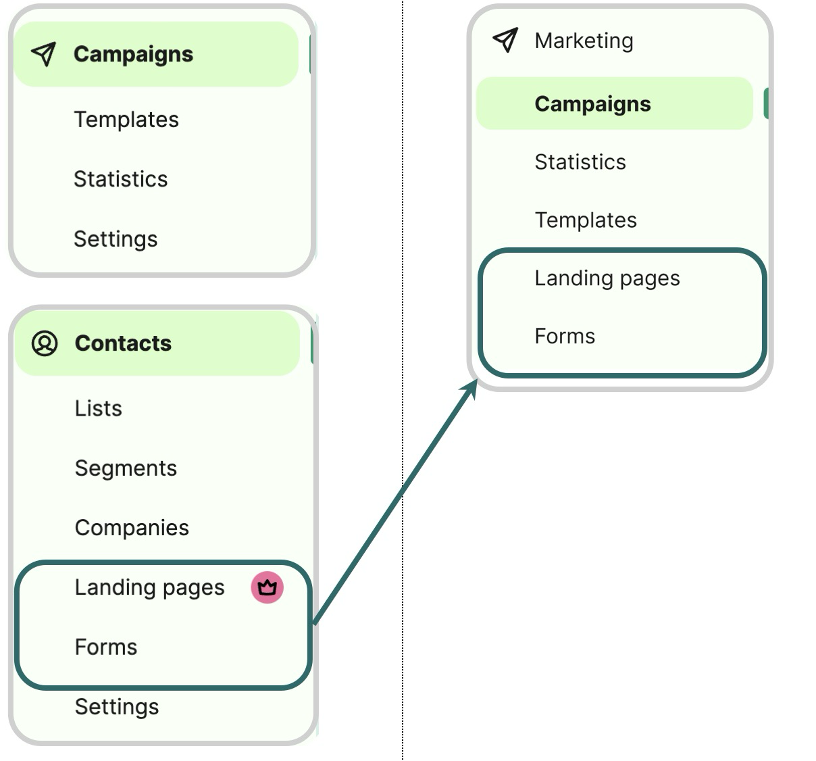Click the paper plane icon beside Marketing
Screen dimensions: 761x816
[x=505, y=41]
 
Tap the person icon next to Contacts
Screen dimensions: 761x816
[x=45, y=343]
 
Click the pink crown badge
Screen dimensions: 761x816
[x=267, y=587]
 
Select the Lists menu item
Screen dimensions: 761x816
[x=99, y=408]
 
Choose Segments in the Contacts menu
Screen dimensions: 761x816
[x=126, y=468]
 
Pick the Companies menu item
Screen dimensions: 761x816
[x=132, y=528]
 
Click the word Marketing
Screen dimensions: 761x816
[x=584, y=41]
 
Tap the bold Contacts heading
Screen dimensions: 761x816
[x=123, y=343]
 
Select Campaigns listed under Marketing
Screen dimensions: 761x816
[x=592, y=104]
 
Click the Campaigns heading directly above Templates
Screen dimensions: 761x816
[x=133, y=54]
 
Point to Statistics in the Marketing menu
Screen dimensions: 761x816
[x=580, y=162]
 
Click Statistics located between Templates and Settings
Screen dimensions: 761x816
[x=120, y=179]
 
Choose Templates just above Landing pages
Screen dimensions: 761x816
[x=586, y=220]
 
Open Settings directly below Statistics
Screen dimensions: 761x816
[x=116, y=239]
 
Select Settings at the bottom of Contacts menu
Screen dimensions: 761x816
[x=117, y=707]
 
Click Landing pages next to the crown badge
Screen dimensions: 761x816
[x=149, y=587]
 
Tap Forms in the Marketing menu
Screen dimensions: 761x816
[x=565, y=337]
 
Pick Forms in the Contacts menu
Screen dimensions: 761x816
[x=106, y=647]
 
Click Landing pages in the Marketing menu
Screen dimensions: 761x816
[x=607, y=278]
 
